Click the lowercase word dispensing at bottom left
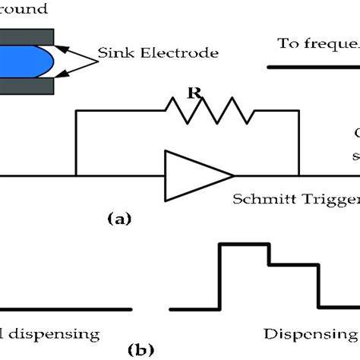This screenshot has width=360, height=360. coord(53,333)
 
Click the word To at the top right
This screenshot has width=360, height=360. coord(286,45)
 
